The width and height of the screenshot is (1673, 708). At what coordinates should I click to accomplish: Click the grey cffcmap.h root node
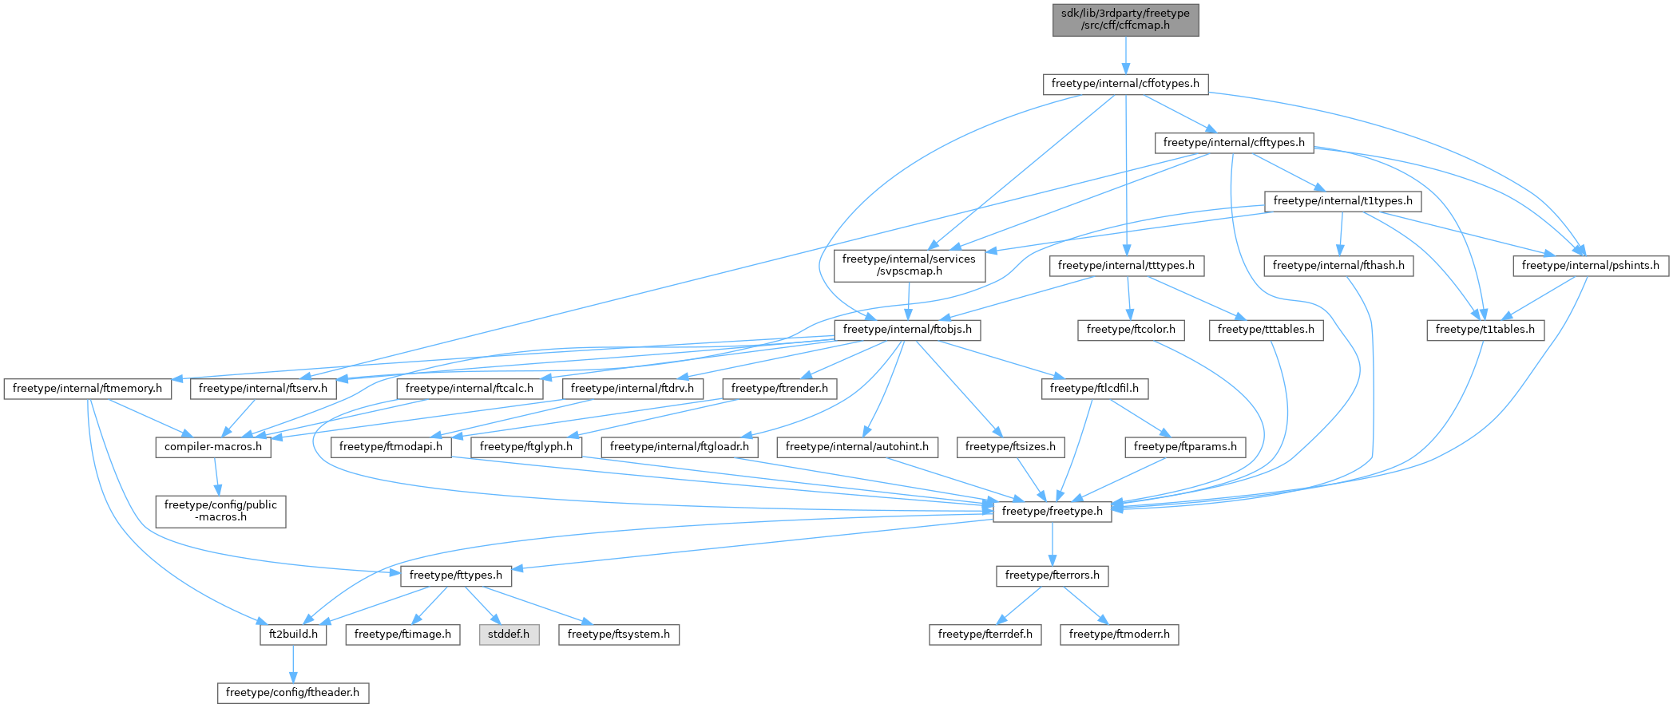click(1125, 19)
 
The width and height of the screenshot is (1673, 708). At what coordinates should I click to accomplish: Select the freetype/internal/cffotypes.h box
click(1125, 84)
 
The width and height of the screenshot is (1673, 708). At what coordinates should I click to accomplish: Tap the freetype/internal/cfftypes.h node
click(1234, 143)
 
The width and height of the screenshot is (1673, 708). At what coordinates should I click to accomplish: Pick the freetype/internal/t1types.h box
click(1342, 201)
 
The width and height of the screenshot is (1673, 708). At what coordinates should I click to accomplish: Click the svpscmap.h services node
click(909, 265)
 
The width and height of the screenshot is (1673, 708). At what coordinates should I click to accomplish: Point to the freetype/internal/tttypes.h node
click(1126, 266)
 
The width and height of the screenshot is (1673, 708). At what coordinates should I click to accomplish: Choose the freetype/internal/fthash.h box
click(1338, 266)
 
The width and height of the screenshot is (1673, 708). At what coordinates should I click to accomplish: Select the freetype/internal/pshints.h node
click(1590, 266)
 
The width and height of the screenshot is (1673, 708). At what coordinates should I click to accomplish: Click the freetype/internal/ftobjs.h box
click(907, 330)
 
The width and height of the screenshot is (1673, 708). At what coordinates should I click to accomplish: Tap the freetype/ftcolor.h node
click(1131, 330)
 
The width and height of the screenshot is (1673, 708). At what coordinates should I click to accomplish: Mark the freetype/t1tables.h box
click(1485, 330)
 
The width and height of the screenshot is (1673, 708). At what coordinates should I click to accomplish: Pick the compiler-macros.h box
click(213, 447)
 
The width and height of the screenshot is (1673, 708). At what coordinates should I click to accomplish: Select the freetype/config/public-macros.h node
click(220, 511)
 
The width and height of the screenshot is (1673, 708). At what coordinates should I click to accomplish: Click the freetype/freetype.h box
click(1052, 512)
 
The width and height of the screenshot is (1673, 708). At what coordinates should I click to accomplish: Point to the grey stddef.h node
click(509, 635)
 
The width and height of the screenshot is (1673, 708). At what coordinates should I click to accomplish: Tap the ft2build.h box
click(293, 635)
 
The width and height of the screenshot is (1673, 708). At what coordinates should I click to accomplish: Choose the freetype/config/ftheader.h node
click(293, 693)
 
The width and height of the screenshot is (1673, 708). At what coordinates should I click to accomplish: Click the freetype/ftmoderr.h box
click(1119, 635)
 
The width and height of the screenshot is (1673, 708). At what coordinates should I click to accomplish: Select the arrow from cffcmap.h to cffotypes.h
click(1125, 55)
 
